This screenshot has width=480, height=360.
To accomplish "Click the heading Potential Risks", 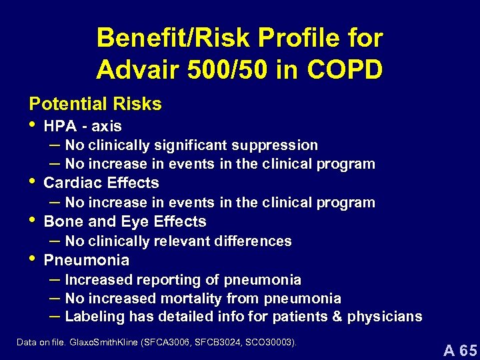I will (x=95, y=104).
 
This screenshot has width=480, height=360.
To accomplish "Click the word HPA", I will (x=58, y=126).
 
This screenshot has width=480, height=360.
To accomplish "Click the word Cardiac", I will (x=70, y=183).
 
